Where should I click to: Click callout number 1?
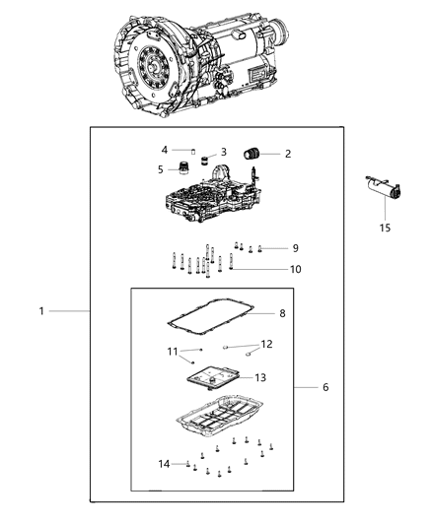click(x=41, y=311)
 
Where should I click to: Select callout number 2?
click(x=287, y=154)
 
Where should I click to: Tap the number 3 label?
click(x=223, y=152)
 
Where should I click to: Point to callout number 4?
click(x=165, y=150)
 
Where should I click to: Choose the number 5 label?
click(x=160, y=169)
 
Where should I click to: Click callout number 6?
click(x=324, y=387)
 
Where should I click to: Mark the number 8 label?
click(x=282, y=314)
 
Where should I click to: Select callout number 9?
click(x=294, y=247)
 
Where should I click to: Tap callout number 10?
click(x=294, y=269)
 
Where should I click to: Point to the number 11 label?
click(x=172, y=352)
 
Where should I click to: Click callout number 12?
click(x=266, y=345)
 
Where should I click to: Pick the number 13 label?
click(x=260, y=377)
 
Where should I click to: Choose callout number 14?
click(x=163, y=463)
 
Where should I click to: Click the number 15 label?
click(x=386, y=228)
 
